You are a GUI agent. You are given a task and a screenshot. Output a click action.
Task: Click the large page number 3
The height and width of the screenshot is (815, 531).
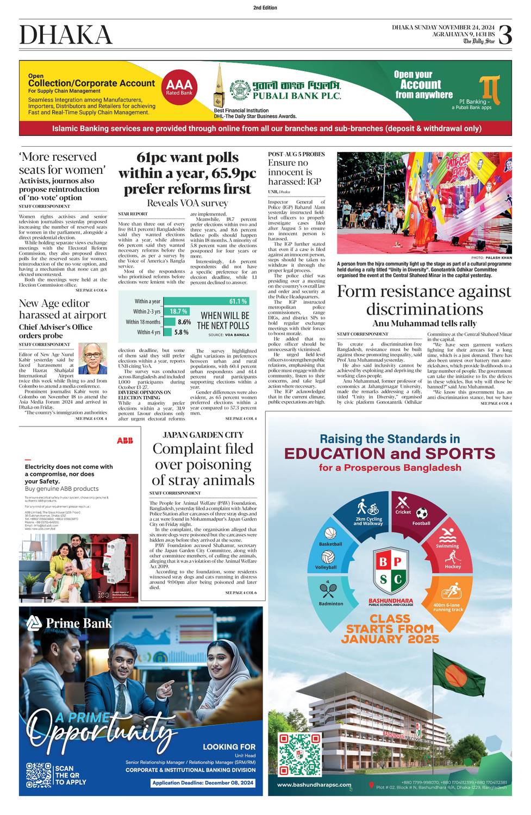click(505, 35)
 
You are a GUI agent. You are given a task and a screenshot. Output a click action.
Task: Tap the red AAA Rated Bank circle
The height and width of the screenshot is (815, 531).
click(179, 87)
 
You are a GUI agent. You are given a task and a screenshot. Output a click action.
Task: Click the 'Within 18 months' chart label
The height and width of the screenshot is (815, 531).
click(143, 322)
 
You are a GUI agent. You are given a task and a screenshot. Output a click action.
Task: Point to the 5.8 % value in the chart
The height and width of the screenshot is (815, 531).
click(182, 332)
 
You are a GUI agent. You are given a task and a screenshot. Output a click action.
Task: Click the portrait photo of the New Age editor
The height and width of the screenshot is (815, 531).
click(93, 359)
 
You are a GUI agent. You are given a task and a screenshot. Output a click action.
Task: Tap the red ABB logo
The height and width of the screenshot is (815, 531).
click(124, 441)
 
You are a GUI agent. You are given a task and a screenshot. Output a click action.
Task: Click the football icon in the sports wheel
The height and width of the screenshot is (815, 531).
click(422, 513)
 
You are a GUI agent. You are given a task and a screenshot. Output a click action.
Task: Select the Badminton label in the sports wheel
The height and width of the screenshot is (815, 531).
click(331, 604)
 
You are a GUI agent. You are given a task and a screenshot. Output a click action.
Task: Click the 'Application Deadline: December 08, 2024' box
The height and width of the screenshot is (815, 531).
click(203, 783)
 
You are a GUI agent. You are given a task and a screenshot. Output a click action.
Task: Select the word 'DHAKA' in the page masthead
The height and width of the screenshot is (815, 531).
click(66, 35)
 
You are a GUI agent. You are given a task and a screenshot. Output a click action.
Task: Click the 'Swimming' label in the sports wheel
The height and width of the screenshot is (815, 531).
click(447, 546)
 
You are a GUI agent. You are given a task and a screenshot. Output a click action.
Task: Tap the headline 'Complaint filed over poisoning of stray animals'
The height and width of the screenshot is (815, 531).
click(203, 465)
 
